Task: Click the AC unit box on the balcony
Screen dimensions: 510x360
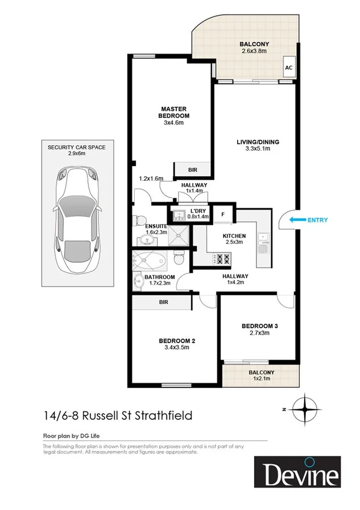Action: [288, 68]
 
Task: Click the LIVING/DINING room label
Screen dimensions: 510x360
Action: [257, 142]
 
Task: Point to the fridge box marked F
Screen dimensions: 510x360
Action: [223, 214]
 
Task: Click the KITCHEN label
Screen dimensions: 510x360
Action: [233, 235]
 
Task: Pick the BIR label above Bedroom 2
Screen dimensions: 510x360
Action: [163, 302]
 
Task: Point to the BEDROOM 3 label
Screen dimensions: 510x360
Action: [259, 326]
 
